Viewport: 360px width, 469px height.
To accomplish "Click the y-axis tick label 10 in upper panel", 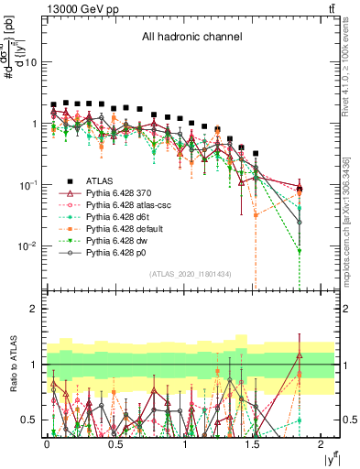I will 31,62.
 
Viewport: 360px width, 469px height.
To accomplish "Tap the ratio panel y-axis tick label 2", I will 35,309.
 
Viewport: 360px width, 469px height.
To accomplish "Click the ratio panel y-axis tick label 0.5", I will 30,420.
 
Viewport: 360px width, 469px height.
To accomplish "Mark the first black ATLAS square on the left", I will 54,104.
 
